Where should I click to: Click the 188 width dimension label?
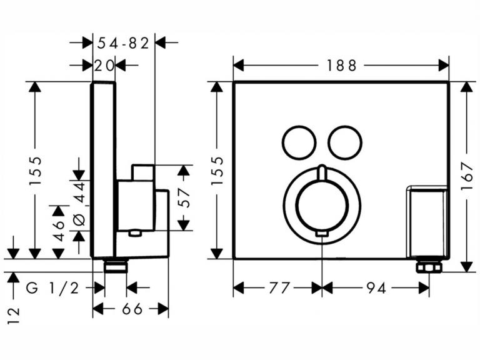point(341,65)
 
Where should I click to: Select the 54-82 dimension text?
point(124,43)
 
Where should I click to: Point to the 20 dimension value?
point(104,65)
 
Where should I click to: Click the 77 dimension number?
point(279,288)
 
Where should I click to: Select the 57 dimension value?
point(183,197)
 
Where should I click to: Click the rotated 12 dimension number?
point(14,312)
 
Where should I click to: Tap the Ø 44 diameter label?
point(79,204)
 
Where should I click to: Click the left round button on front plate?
point(297,142)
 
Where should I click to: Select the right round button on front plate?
point(345,142)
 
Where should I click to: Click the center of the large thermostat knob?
point(321,204)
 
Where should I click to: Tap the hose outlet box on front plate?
point(427,221)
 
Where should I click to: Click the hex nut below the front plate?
point(429,267)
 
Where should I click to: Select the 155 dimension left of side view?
point(36,171)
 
